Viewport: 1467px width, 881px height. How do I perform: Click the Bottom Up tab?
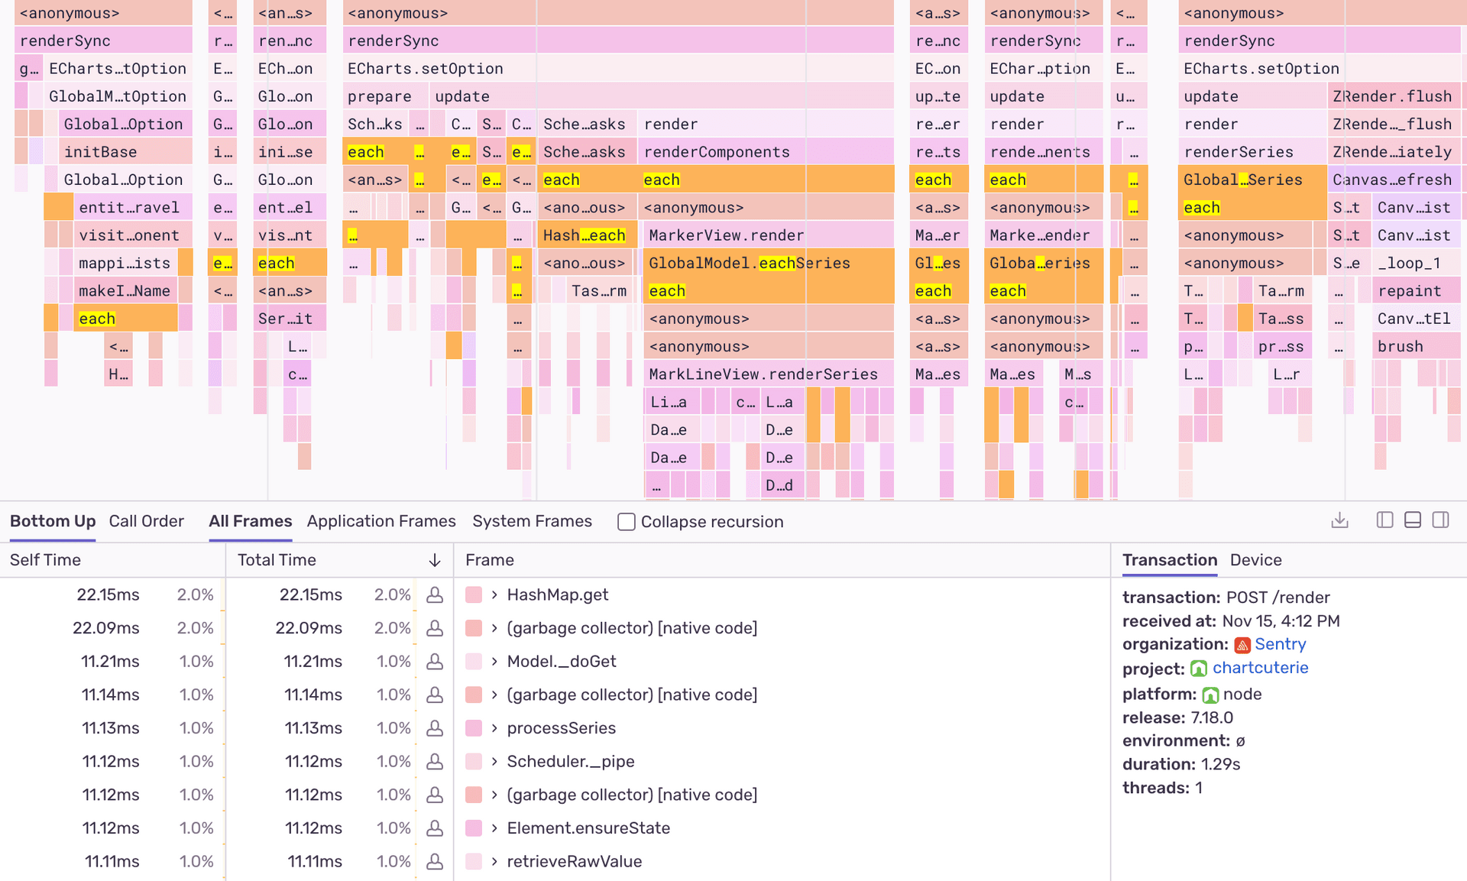tap(53, 521)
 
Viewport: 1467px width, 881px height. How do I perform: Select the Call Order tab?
tap(146, 521)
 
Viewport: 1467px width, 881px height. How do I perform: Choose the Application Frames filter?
tap(381, 521)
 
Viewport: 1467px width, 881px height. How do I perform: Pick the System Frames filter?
tap(532, 521)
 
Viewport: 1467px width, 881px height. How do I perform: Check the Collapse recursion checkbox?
tap(627, 522)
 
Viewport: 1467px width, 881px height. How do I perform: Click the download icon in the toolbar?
tap(1339, 521)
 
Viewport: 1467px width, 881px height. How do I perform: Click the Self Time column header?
tap(45, 560)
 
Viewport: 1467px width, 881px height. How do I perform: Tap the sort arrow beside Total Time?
tap(435, 560)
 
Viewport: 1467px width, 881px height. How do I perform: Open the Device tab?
tap(1255, 560)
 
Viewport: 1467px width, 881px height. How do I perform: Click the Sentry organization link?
tap(1280, 644)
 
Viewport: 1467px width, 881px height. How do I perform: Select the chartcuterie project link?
tap(1260, 668)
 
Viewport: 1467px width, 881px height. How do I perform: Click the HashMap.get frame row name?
tap(557, 594)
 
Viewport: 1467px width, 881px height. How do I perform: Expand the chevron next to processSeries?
tap(494, 728)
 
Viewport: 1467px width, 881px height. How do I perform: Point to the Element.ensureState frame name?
tap(588, 828)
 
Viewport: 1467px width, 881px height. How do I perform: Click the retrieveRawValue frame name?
tap(574, 861)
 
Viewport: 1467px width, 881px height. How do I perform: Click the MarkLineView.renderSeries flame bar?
tap(763, 374)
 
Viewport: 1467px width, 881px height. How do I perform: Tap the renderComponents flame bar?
tap(716, 152)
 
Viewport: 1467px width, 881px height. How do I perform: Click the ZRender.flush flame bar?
tap(1391, 96)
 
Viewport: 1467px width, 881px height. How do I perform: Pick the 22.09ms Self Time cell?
tap(105, 628)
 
